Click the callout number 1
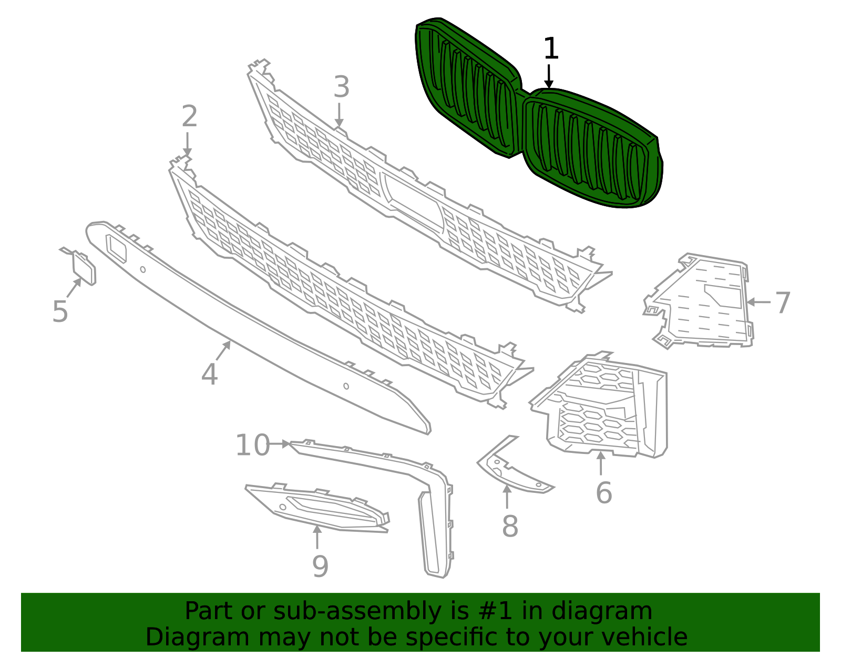tap(550, 48)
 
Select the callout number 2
tap(189, 116)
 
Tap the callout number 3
tap(341, 87)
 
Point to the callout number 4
tap(209, 375)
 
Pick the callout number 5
tap(60, 311)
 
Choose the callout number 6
tap(603, 493)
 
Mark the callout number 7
tap(783, 303)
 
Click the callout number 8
tap(510, 526)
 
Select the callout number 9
tap(320, 567)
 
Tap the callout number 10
tap(252, 446)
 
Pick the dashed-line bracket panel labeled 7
tap(704, 305)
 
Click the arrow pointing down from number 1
tap(549, 76)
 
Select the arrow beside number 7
tap(758, 302)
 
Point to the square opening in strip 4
tap(116, 248)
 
